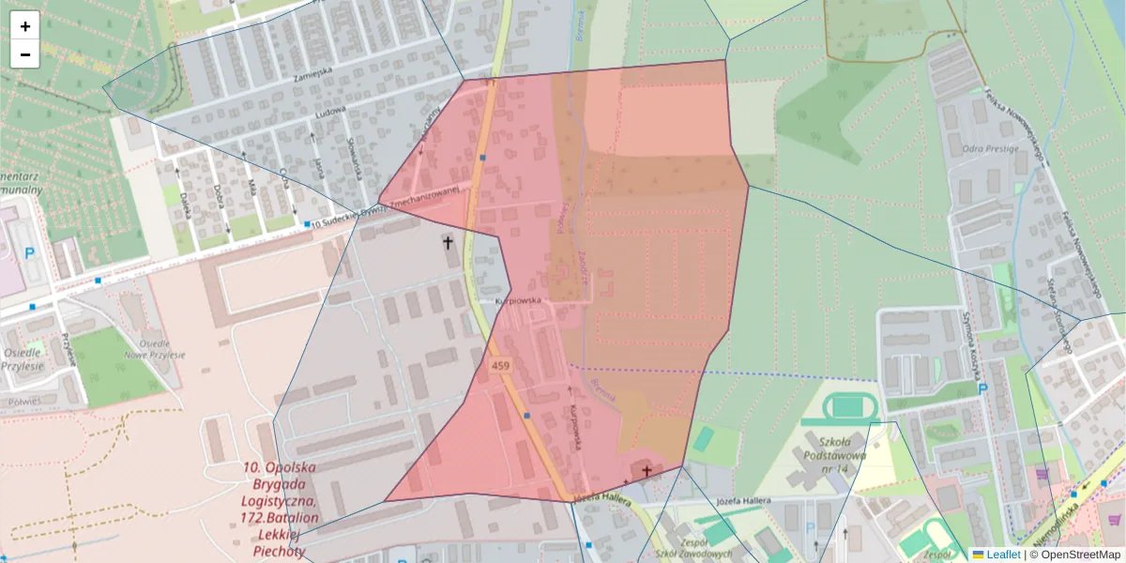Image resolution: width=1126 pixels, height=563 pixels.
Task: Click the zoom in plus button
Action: click(25, 26)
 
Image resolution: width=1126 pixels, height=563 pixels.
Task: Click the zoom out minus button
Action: click(25, 54)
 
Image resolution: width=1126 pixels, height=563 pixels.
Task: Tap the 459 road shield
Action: click(500, 363)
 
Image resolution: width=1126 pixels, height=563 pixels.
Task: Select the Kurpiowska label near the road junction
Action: click(519, 300)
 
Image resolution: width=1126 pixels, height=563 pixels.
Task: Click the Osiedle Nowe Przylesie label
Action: click(154, 349)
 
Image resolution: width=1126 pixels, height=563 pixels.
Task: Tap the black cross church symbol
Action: click(448, 244)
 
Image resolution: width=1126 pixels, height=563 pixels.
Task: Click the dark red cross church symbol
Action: click(646, 470)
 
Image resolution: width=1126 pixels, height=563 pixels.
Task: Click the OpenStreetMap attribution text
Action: click(1078, 555)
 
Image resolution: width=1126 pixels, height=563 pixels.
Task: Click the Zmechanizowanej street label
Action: click(424, 190)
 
